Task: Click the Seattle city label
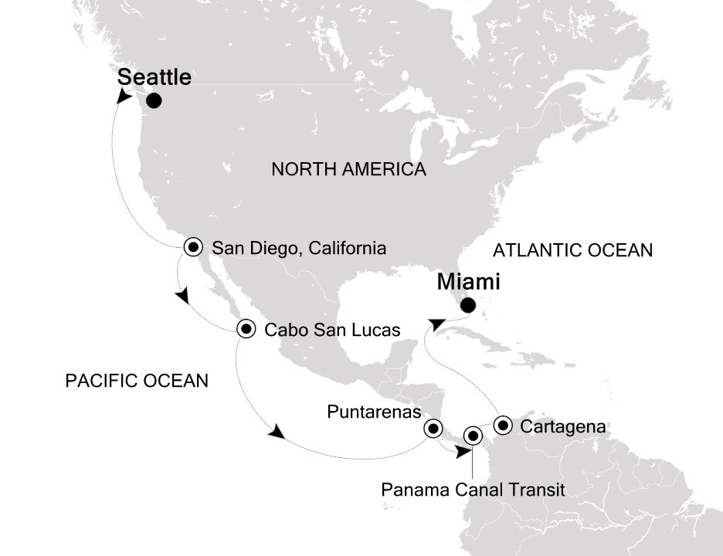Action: pyautogui.click(x=154, y=77)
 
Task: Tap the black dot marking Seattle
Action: pyautogui.click(x=154, y=100)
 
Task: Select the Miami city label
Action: pyautogui.click(x=468, y=282)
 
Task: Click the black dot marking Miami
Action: pyautogui.click(x=467, y=305)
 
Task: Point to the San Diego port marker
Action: pyautogui.click(x=195, y=248)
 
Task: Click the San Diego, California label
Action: pyautogui.click(x=298, y=249)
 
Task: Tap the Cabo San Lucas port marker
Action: pyautogui.click(x=246, y=329)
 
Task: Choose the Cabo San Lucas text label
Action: pyautogui.click(x=332, y=330)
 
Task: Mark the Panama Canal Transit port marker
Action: pyautogui.click(x=472, y=436)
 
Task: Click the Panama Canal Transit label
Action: pyautogui.click(x=474, y=489)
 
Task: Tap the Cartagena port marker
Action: pyautogui.click(x=503, y=423)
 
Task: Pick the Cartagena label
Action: pyautogui.click(x=562, y=425)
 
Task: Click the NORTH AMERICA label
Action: pyautogui.click(x=348, y=170)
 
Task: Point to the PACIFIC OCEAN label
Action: pyautogui.click(x=137, y=380)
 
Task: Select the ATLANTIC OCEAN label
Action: pyautogui.click(x=573, y=250)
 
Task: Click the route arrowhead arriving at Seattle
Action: pyautogui.click(x=124, y=96)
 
